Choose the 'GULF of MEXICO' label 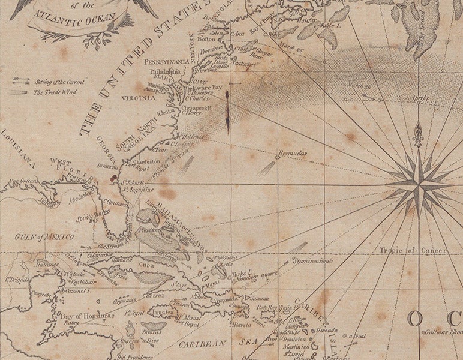(44, 237)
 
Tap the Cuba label (156, 265)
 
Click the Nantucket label (243, 62)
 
